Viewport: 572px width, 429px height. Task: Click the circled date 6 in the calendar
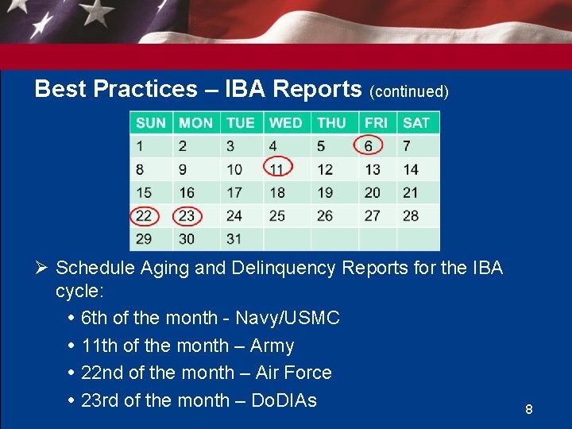tap(368, 146)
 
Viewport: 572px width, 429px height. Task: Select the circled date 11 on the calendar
tap(276, 169)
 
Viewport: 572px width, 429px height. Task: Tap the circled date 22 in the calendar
tap(144, 215)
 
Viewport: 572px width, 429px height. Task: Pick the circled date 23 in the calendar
tap(187, 215)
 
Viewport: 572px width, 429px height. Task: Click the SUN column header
tap(151, 123)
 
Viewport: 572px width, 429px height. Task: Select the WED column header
tap(285, 123)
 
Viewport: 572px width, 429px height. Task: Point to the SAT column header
tap(415, 123)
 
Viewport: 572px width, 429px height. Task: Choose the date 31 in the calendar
tap(234, 238)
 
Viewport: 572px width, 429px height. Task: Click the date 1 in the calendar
tap(140, 146)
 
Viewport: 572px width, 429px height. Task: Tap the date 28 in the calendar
tap(410, 215)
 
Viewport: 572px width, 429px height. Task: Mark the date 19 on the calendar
tap(325, 192)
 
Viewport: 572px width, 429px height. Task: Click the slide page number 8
tap(528, 410)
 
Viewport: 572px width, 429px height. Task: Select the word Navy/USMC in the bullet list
tap(287, 319)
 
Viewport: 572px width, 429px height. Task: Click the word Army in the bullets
tap(272, 346)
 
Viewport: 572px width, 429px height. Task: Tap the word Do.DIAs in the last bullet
tap(284, 400)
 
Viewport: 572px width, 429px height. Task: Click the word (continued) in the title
tap(409, 91)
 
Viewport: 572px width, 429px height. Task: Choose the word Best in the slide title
tap(60, 89)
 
